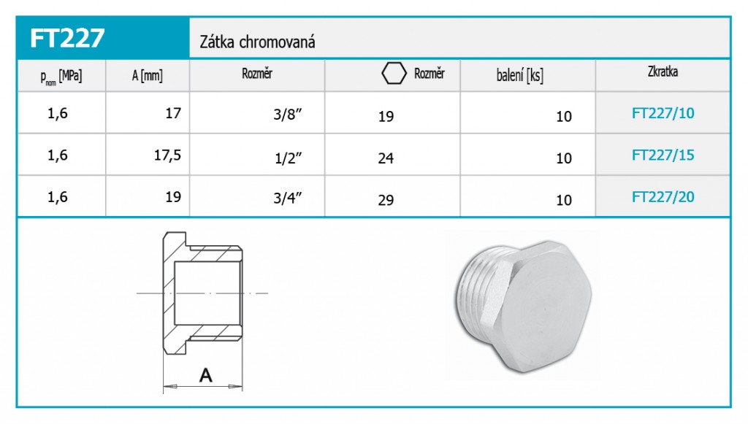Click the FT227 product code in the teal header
pos(66,38)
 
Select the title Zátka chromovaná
pos(257,42)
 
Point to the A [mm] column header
pos(148,75)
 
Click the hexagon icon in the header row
pos(394,74)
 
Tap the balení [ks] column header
pos(519,75)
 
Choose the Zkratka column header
pos(663,72)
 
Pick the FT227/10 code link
pos(663,113)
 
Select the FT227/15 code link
pos(663,155)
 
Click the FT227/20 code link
pos(663,197)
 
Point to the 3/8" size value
pos(288,115)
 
